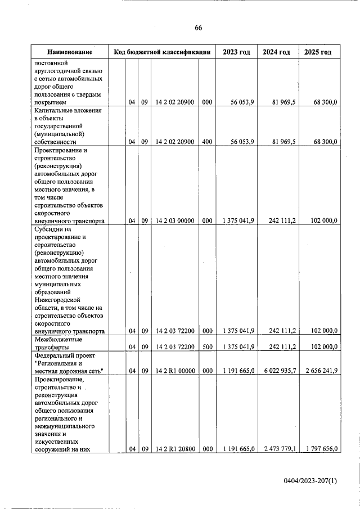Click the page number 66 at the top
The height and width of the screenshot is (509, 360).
(198, 28)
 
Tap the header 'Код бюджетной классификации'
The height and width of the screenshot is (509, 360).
(162, 52)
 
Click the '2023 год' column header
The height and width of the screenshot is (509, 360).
(236, 52)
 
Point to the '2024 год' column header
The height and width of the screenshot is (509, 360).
(277, 52)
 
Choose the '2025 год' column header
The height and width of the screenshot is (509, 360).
(318, 52)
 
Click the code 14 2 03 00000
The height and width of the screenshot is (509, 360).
(175, 221)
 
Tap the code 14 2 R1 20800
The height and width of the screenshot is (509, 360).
(175, 448)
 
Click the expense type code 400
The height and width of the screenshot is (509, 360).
(207, 142)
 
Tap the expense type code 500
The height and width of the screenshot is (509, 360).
(207, 347)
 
